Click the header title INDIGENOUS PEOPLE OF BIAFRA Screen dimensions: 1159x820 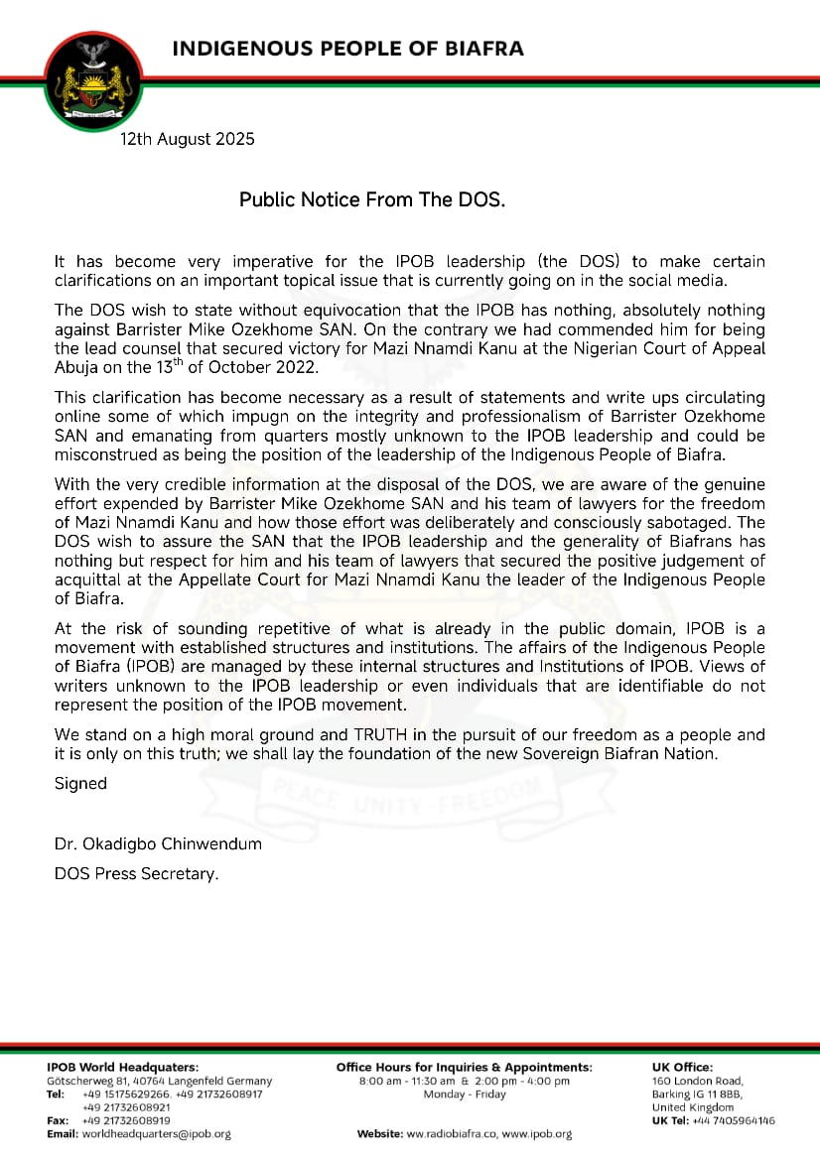pyautogui.click(x=347, y=49)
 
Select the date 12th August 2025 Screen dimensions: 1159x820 pyautogui.click(x=188, y=139)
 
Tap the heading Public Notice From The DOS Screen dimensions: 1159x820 pyautogui.click(x=372, y=199)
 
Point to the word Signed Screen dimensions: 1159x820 pyautogui.click(x=80, y=783)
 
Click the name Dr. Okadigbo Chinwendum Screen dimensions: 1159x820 pyautogui.click(x=158, y=843)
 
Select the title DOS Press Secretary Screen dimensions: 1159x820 pyautogui.click(x=136, y=873)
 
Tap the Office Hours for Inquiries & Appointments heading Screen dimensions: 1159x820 pyautogui.click(x=464, y=1067)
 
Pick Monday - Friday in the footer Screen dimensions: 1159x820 pyautogui.click(x=464, y=1095)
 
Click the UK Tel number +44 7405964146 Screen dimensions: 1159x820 pyautogui.click(x=734, y=1120)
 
